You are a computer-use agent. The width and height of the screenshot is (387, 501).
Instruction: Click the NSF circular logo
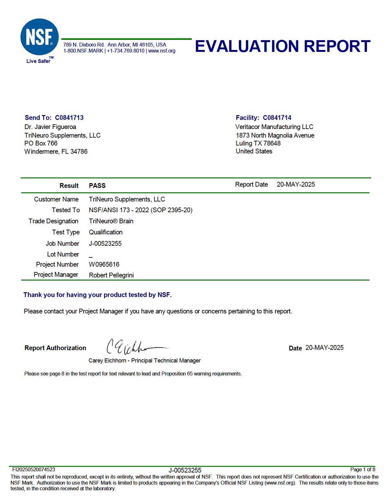pyautogui.click(x=40, y=37)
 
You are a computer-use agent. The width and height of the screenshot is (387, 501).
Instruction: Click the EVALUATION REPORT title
pyautogui.click(x=282, y=46)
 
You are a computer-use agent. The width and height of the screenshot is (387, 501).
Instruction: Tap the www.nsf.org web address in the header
pyautogui.click(x=162, y=51)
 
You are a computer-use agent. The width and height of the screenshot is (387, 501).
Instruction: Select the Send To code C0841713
pyautogui.click(x=69, y=118)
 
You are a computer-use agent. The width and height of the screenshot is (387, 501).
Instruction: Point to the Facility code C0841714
pyautogui.click(x=277, y=118)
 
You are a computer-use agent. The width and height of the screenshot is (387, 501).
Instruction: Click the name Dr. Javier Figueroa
pyautogui.click(x=50, y=127)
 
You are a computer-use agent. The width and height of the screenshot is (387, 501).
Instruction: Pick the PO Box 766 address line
pyautogui.click(x=41, y=143)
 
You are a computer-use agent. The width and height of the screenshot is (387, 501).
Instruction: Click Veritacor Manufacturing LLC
pyautogui.click(x=274, y=127)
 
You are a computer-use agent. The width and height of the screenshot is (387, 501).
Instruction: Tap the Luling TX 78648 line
pyautogui.click(x=258, y=143)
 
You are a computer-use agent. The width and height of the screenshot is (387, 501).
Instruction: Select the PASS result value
pyautogui.click(x=97, y=186)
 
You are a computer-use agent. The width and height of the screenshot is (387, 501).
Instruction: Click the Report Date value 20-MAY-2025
pyautogui.click(x=296, y=184)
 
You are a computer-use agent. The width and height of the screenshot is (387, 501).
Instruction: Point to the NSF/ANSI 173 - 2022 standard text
pyautogui.click(x=140, y=210)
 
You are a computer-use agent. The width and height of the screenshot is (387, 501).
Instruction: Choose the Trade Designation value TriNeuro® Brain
pyautogui.click(x=111, y=221)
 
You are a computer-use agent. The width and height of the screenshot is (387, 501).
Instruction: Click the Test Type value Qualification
pyautogui.click(x=106, y=232)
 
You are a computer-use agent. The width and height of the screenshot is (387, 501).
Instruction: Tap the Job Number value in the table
pyautogui.click(x=105, y=244)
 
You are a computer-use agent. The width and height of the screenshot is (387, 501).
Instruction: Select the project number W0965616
pyautogui.click(x=104, y=264)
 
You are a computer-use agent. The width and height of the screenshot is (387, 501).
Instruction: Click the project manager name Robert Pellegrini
pyautogui.click(x=111, y=275)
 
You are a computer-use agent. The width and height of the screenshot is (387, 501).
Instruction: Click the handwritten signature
pyautogui.click(x=136, y=347)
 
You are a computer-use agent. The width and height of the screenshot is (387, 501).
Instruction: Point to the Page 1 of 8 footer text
pyautogui.click(x=363, y=469)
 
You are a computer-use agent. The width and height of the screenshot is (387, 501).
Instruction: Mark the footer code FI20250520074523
pyautogui.click(x=34, y=469)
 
